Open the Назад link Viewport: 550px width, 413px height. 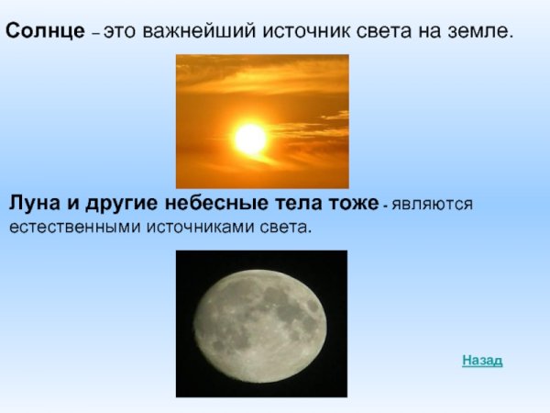[x=482, y=361]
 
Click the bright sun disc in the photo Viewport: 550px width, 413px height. [x=249, y=139]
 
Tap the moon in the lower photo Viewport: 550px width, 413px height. [x=261, y=324]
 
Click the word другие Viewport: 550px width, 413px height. [x=121, y=203]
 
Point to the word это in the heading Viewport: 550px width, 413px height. [x=118, y=32]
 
